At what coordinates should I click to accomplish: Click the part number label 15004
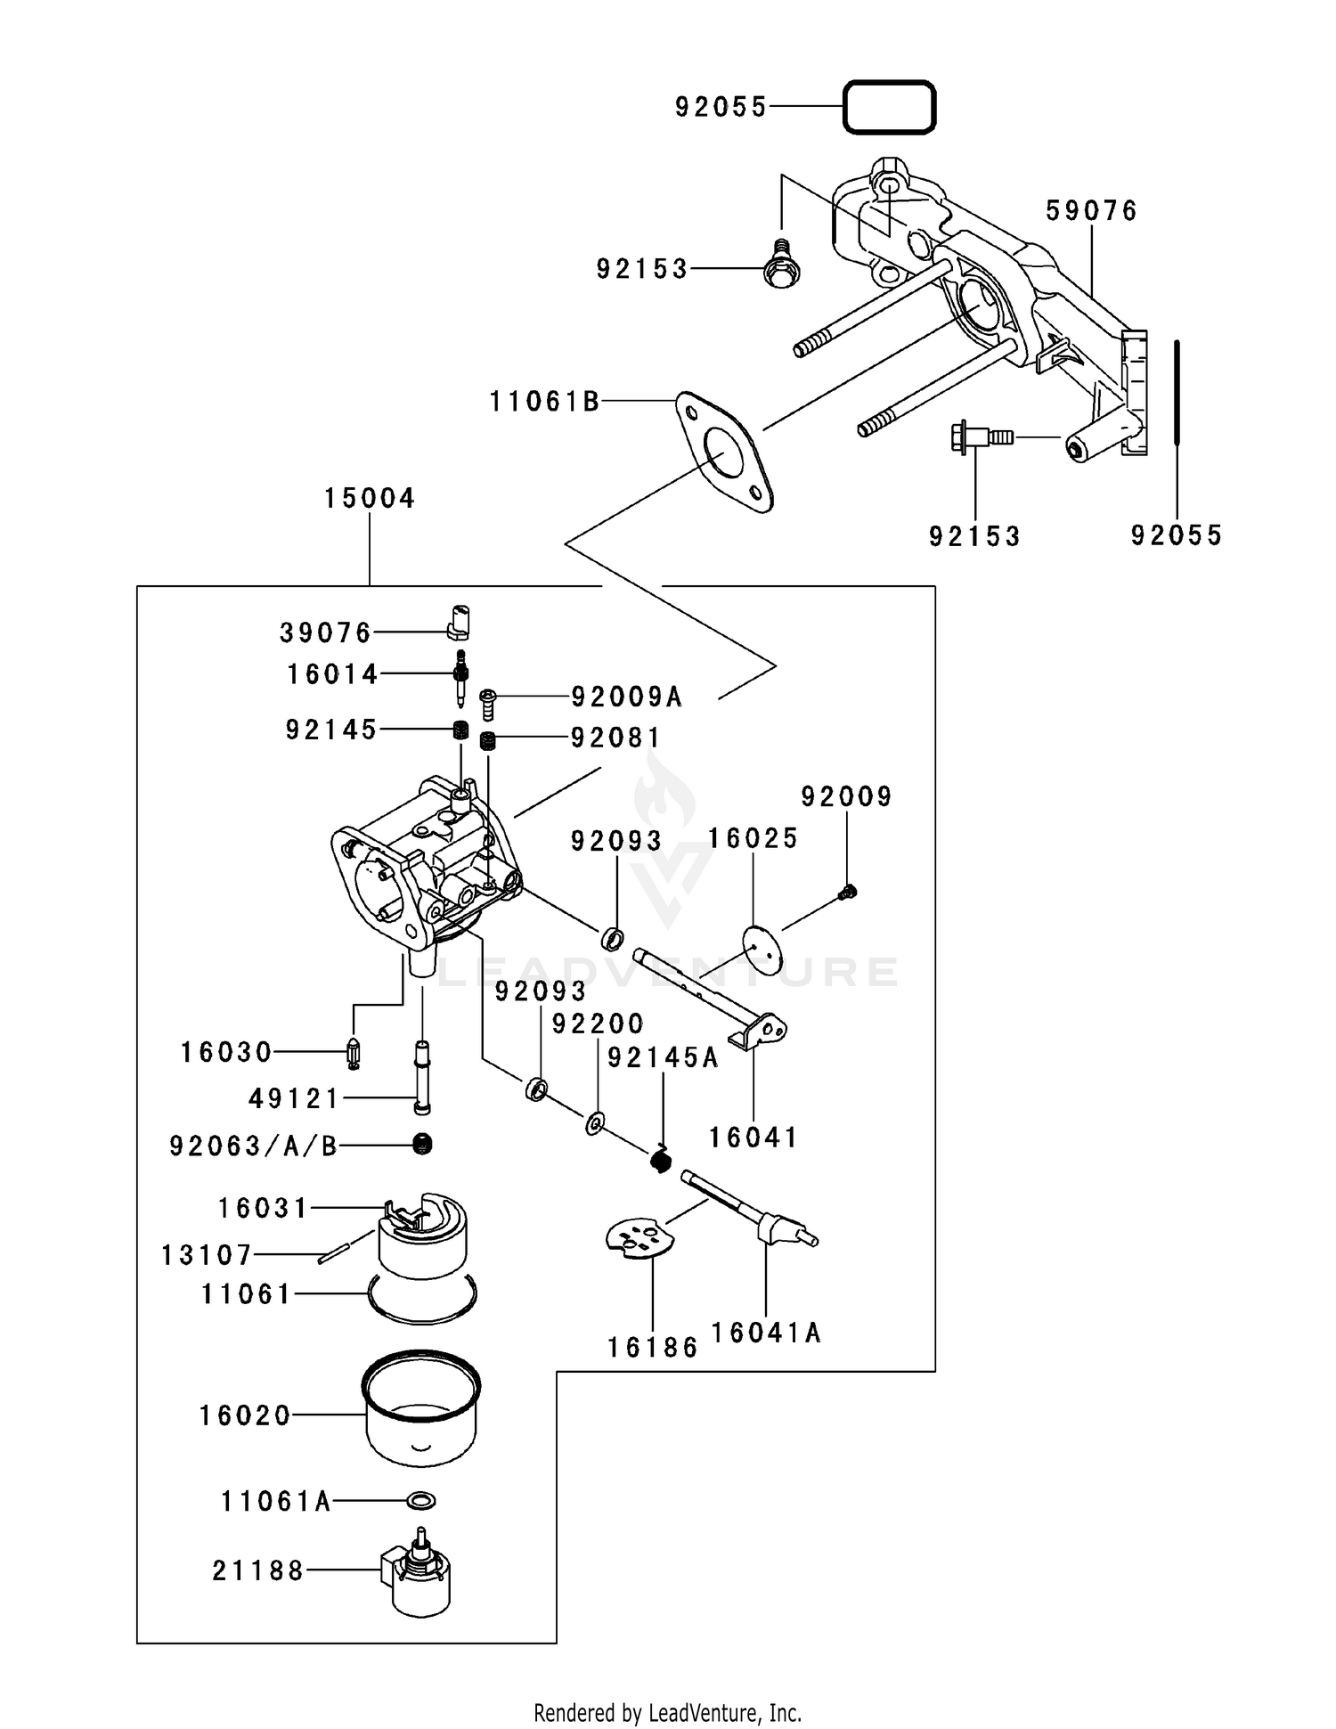(x=370, y=498)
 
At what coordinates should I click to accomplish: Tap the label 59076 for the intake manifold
(x=1092, y=211)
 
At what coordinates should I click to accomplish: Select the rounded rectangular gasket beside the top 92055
(x=889, y=108)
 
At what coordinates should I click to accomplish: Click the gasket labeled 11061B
(x=724, y=453)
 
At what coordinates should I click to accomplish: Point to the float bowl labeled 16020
(x=421, y=1407)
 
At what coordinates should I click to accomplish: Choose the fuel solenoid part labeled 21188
(x=417, y=1572)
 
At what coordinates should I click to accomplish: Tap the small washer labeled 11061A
(x=420, y=1501)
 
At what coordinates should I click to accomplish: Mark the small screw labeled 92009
(x=848, y=891)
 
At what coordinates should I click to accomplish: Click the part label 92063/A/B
(x=254, y=1146)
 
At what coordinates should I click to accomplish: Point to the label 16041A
(x=766, y=1332)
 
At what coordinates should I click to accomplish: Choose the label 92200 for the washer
(x=598, y=1024)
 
